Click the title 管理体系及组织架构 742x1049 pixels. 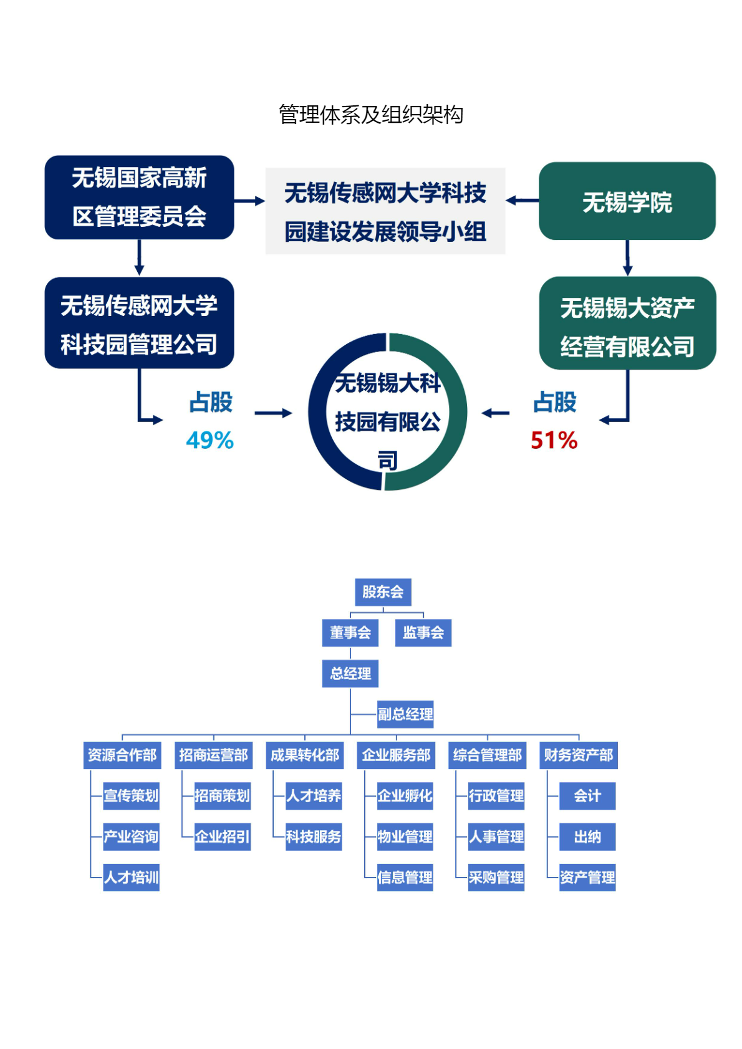[370, 115]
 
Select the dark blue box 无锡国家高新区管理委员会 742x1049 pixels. [139, 197]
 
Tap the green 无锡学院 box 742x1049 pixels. [627, 201]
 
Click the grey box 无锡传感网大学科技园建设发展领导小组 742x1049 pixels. [385, 211]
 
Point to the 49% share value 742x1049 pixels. [210, 441]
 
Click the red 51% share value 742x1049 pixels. [554, 441]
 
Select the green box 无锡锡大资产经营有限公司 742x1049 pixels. [627, 323]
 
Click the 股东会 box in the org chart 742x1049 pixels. [383, 592]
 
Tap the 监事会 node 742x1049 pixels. [423, 633]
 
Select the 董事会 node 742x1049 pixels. [350, 633]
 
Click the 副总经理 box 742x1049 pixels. [405, 714]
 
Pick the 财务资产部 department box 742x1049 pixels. [578, 755]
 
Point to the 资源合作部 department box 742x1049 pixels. [122, 755]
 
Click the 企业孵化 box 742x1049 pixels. [405, 796]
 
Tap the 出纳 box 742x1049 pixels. [587, 836]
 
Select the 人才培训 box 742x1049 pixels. [131, 878]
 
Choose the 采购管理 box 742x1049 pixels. [496, 878]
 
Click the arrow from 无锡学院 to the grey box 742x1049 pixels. [522, 201]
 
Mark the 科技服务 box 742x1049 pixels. [314, 836]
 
